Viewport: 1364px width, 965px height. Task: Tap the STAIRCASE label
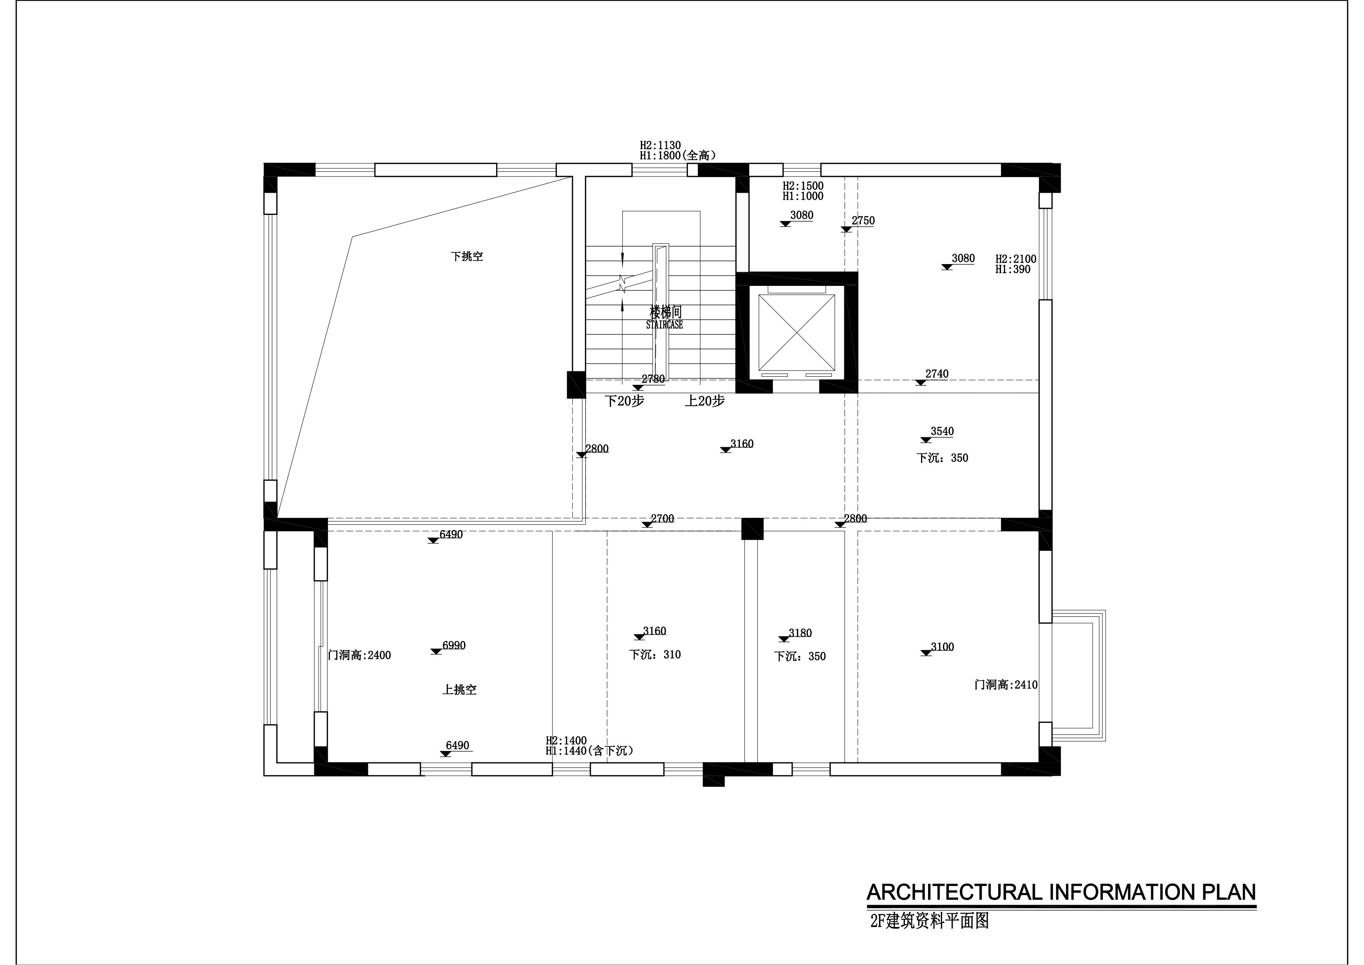click(664, 325)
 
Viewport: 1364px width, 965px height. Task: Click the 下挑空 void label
click(466, 257)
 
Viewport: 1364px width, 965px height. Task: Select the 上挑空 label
click(459, 690)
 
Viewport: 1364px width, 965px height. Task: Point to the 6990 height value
click(454, 645)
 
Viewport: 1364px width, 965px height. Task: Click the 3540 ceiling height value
click(942, 432)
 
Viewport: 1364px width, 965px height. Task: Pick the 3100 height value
click(942, 646)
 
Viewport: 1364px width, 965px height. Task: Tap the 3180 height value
click(800, 633)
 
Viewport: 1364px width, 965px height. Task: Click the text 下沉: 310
click(655, 655)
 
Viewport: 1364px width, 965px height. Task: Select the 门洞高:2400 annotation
click(359, 656)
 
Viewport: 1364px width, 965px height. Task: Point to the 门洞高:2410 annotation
click(1006, 684)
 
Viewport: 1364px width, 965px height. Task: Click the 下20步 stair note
click(624, 401)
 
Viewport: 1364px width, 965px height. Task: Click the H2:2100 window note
click(1016, 259)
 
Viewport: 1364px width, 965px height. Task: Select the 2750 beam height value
click(863, 220)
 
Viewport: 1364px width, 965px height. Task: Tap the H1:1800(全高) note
click(678, 156)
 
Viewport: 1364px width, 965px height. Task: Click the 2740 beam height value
click(937, 374)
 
